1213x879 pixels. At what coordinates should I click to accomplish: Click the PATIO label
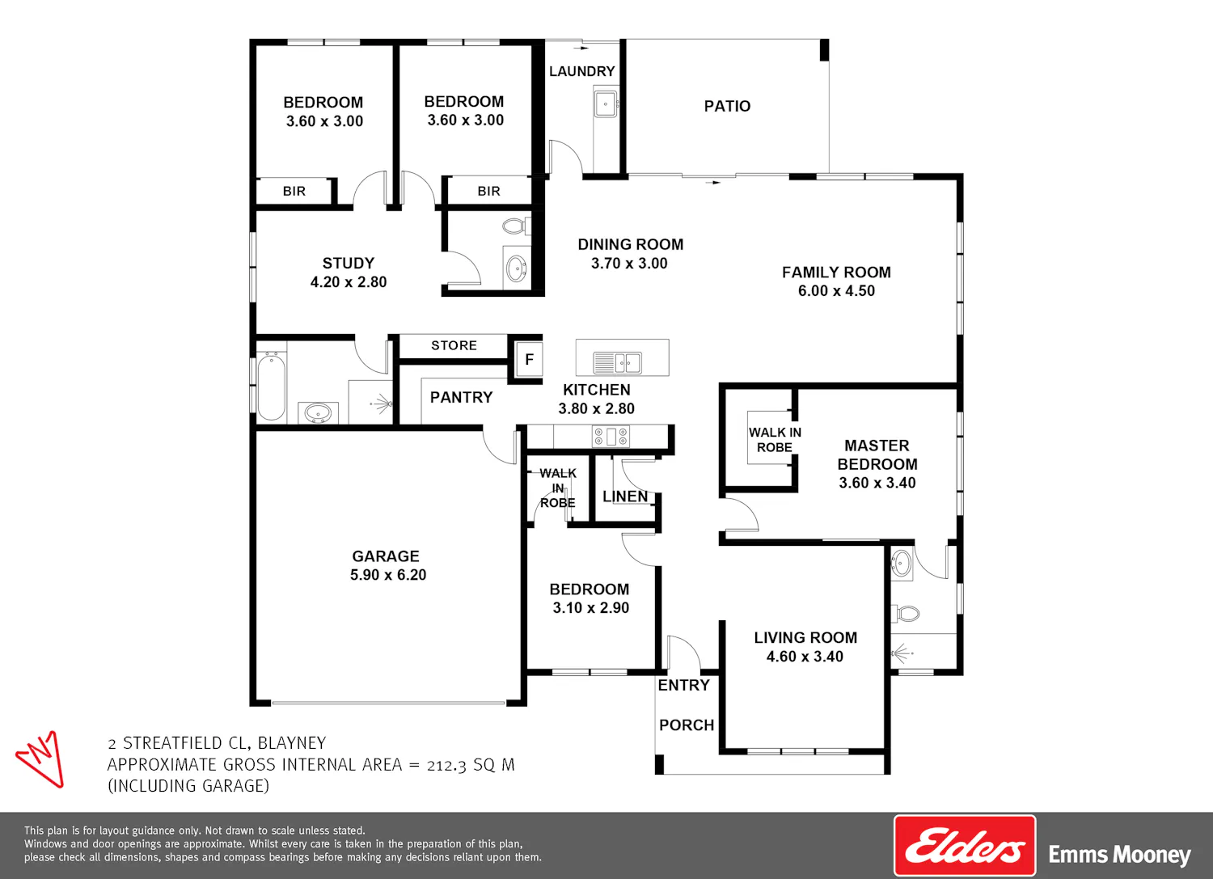(727, 106)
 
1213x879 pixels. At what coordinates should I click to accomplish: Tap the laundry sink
(606, 104)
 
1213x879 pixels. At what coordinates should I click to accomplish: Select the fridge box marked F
(529, 359)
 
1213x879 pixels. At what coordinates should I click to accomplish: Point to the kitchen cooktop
(611, 437)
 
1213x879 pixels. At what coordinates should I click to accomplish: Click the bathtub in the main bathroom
(271, 386)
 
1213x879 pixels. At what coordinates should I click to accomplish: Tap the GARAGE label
(386, 556)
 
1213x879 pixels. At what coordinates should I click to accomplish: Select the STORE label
(454, 345)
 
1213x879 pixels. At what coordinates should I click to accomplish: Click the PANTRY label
(462, 398)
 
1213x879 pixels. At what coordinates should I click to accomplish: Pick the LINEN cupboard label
(625, 497)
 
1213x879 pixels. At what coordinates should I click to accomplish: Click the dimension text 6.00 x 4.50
(836, 291)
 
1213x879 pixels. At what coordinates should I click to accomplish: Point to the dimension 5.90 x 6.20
(387, 575)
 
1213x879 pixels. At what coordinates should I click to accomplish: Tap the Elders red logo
(965, 845)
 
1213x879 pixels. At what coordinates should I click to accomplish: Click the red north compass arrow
(40, 759)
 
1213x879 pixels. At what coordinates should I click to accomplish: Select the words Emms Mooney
(1119, 855)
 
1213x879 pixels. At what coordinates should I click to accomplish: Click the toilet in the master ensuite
(906, 614)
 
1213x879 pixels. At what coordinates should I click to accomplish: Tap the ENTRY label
(683, 685)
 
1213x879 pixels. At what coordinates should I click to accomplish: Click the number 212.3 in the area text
(446, 765)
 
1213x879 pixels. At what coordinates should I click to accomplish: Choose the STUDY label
(349, 263)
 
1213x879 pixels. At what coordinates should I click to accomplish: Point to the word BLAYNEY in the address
(292, 742)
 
